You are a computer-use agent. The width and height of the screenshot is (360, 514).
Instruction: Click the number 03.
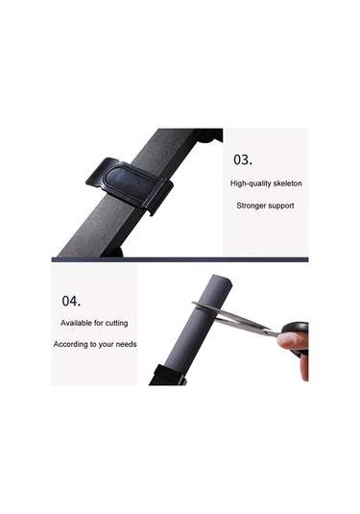point(243,159)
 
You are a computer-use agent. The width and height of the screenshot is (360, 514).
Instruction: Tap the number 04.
point(71,301)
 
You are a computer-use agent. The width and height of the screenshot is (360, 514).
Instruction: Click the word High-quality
point(250,184)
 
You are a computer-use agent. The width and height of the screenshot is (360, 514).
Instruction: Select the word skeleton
point(286,184)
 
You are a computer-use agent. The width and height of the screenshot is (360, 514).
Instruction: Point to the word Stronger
point(251,206)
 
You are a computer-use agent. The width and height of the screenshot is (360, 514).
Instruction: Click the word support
point(281,207)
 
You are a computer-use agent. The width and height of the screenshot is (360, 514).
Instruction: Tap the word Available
point(76,323)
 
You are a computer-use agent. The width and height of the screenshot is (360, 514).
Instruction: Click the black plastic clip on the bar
point(130,185)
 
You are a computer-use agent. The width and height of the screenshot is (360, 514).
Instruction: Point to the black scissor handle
point(298,333)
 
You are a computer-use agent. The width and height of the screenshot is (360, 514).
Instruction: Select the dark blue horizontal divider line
point(180,259)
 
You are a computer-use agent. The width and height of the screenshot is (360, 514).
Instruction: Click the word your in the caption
point(107,345)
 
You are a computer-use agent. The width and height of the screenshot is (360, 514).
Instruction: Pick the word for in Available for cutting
point(99,323)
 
